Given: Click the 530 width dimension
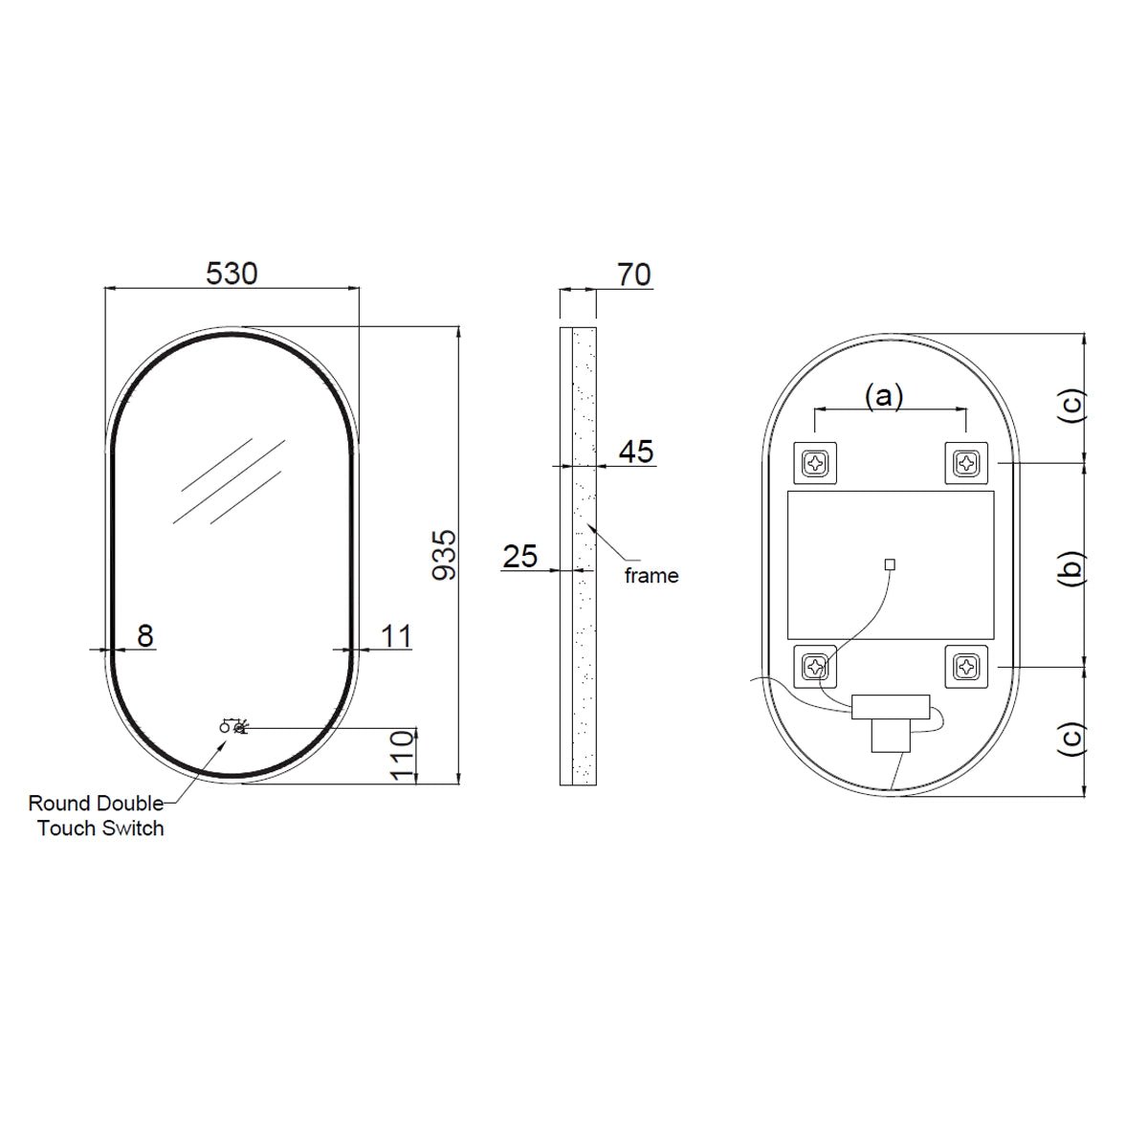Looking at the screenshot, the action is coord(232,274).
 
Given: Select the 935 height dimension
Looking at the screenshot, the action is coord(445,555).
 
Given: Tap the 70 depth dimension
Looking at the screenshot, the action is coord(634,276).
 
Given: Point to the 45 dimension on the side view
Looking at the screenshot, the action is coord(636,452).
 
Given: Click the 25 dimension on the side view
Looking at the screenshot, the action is coord(520,557).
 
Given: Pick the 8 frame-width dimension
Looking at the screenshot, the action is coord(145,636).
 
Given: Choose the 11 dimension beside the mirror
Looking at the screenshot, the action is coord(396,636).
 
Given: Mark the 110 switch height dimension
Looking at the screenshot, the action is coord(403,756).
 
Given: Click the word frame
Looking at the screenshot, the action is coord(651,576).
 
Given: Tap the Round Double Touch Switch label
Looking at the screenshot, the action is coord(97,816).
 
